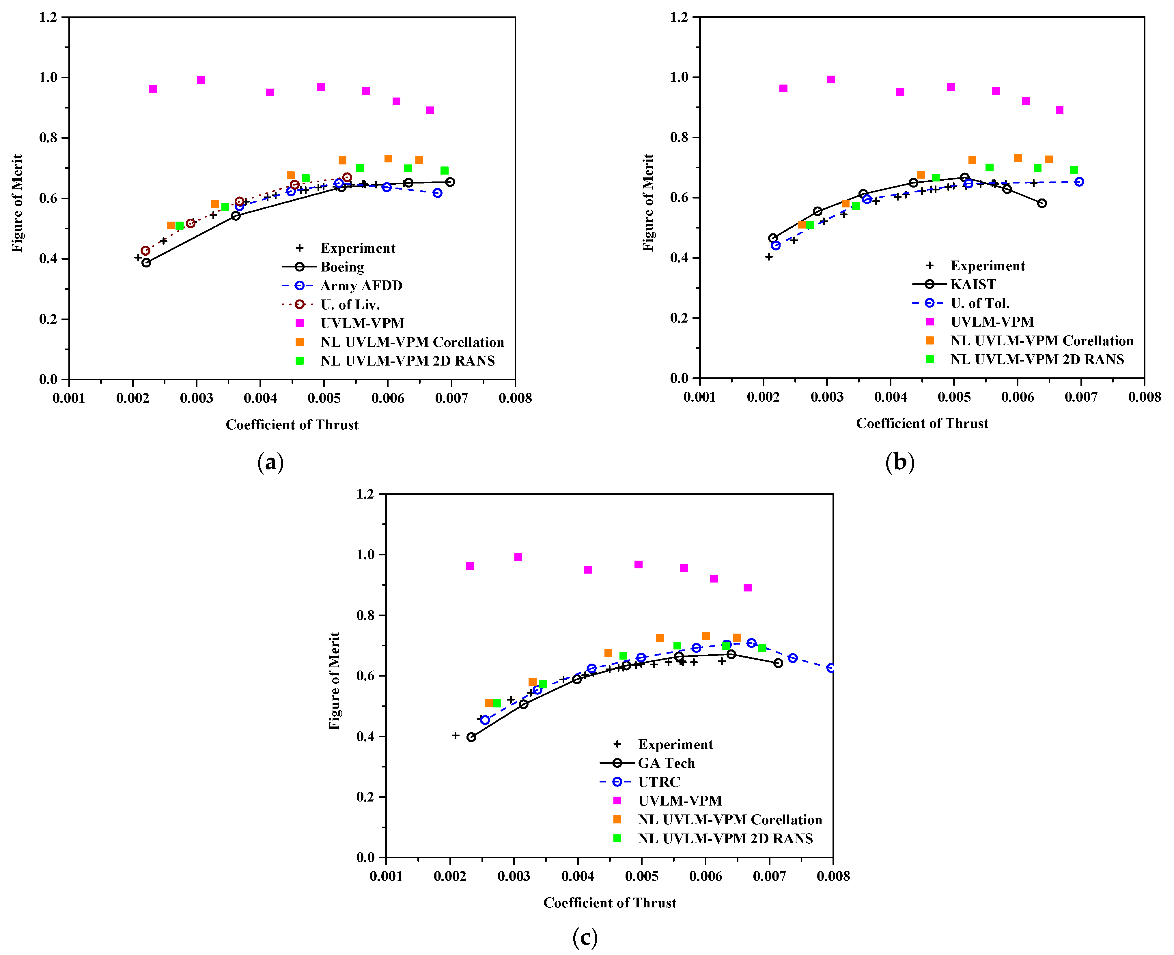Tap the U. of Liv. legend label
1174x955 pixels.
coord(350,304)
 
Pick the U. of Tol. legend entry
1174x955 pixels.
coord(980,303)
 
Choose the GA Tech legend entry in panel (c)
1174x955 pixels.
coord(666,763)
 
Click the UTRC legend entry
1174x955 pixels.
coord(659,782)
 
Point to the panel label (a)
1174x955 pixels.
coord(270,463)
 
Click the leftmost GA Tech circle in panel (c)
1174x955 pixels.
coord(471,737)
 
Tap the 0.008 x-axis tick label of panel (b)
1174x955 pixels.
coord(1144,397)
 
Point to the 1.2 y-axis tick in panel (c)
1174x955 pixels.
coord(365,494)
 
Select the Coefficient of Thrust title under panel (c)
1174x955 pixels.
coord(609,903)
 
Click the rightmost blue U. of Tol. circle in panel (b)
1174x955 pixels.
coord(1079,181)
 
